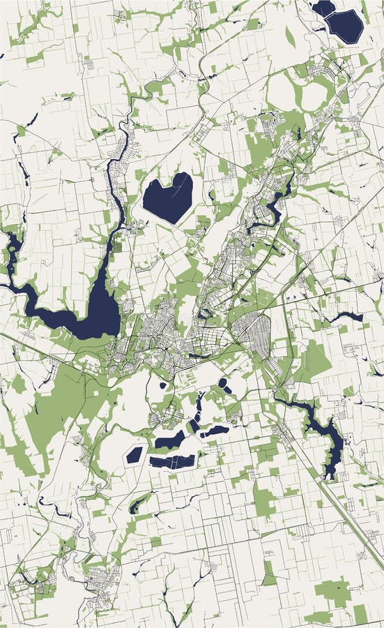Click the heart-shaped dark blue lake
pyautogui.click(x=167, y=197)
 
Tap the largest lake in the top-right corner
pyautogui.click(x=346, y=26)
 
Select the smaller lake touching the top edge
pyautogui.click(x=323, y=7)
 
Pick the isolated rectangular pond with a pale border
pyautogui.click(x=135, y=455)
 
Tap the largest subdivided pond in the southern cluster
pyautogui.click(x=172, y=461)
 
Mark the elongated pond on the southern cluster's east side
pyautogui.click(x=215, y=431)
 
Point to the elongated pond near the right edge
pyautogui.click(x=346, y=316)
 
